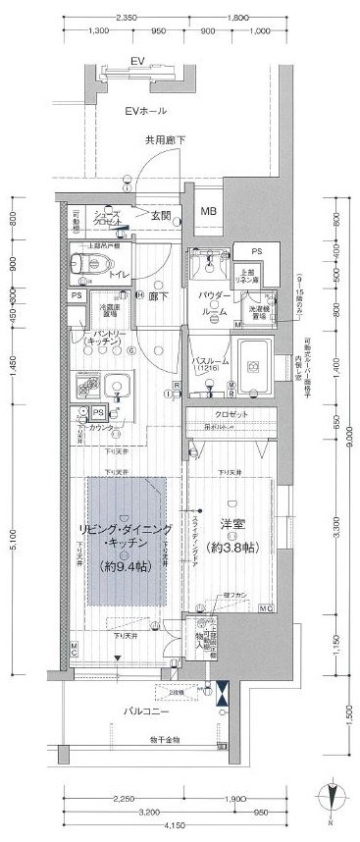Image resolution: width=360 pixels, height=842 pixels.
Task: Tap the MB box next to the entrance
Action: point(208,211)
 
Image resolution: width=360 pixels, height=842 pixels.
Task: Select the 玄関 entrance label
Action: point(161,215)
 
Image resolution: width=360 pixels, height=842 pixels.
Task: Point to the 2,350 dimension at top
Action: point(126,18)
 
